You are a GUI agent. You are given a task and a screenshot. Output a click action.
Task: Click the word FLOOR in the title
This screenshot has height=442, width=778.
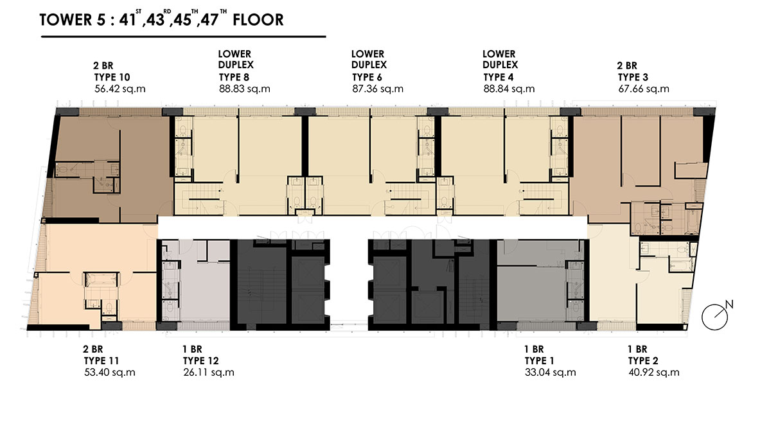258,20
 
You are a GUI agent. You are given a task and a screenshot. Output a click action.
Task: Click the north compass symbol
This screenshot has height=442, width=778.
714,317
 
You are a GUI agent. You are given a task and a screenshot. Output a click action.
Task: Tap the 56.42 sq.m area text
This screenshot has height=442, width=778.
120,89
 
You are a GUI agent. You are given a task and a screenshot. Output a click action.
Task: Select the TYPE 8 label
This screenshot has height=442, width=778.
234,77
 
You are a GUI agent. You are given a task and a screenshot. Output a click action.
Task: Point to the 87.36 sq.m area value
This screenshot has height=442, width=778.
378,89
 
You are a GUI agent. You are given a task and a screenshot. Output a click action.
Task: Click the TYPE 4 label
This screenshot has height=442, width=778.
499,77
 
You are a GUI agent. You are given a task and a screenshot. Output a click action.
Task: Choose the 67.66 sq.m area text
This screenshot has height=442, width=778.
644,89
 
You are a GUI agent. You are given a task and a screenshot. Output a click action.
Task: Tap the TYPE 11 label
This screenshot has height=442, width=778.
102,361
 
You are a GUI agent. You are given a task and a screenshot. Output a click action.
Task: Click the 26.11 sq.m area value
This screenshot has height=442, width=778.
209,372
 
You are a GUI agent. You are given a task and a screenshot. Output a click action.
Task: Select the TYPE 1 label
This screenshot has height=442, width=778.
539,361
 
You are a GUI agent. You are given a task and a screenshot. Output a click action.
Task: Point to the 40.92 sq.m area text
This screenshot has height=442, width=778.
654,372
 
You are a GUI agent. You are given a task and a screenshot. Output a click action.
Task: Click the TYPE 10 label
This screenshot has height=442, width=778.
112,77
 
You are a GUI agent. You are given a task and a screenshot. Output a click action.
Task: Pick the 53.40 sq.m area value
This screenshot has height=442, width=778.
110,372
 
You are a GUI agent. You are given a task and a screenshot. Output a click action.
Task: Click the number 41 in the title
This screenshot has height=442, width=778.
127,20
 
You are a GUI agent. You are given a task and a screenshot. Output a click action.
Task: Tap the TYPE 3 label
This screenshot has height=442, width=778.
633,77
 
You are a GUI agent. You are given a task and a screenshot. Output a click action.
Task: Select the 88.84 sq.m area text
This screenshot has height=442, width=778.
509,89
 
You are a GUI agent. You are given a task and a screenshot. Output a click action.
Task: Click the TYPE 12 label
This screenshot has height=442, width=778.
201,361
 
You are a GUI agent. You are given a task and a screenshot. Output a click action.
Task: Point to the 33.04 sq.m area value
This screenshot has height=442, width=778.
550,372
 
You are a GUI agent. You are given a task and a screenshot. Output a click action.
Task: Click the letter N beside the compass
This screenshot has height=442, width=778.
729,305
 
